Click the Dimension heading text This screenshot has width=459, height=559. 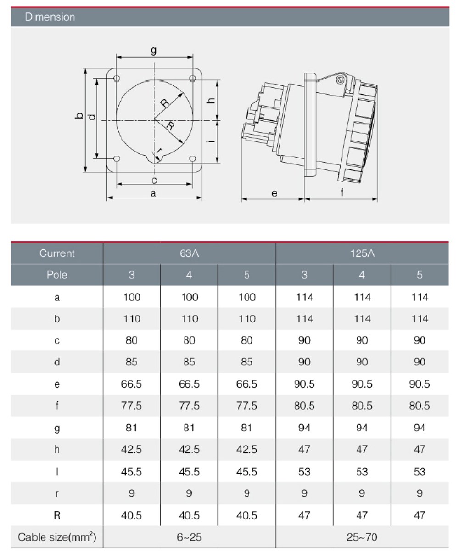50,17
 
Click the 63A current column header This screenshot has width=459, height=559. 189,253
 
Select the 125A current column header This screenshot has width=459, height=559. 362,253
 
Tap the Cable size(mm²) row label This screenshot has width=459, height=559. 57,537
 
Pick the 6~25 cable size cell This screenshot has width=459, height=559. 189,537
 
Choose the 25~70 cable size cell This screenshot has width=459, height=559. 362,537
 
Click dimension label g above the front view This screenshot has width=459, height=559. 154,51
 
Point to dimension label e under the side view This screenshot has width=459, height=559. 274,193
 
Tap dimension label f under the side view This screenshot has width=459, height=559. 342,193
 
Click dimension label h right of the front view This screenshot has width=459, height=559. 211,101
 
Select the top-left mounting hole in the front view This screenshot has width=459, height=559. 117,79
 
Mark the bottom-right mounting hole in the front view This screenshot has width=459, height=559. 193,159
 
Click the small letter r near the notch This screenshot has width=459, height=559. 159,151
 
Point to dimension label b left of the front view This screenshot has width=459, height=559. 79,116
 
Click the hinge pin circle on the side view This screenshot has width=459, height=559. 340,80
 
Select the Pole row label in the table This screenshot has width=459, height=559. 57,275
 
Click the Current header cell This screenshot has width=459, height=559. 57,253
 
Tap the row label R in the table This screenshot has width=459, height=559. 57,515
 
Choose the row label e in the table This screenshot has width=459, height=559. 57,384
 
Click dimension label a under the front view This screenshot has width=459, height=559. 153,193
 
